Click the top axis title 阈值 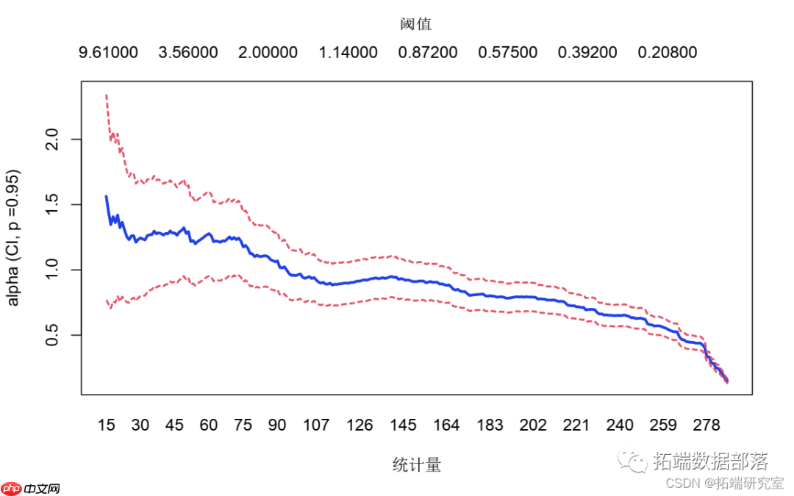[416, 24]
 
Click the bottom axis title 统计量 [417, 464]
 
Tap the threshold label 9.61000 [108, 53]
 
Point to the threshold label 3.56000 [188, 53]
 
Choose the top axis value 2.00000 [268, 53]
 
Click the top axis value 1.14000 [348, 53]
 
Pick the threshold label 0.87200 [428, 53]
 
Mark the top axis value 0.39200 [587, 53]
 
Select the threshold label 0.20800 [668, 53]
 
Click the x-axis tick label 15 [107, 425]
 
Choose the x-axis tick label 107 [317, 425]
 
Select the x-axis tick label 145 [404, 425]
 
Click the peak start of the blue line [107, 196]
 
